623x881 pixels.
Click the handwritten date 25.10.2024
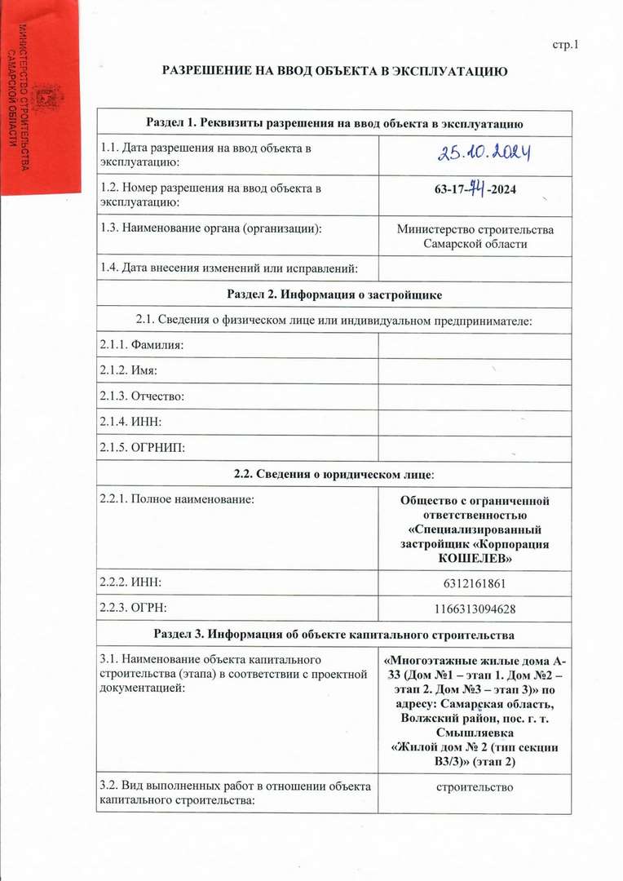(x=475, y=152)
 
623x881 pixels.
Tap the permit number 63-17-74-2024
(x=475, y=193)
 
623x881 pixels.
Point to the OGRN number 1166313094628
(x=475, y=608)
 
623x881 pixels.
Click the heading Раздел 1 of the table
(x=334, y=122)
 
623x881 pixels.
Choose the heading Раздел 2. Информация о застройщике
(x=334, y=293)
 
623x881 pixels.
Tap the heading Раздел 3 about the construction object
(x=334, y=634)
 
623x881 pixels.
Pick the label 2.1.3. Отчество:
(x=140, y=396)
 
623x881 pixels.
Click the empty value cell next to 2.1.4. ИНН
(x=475, y=422)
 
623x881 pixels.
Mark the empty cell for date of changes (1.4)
(x=475, y=266)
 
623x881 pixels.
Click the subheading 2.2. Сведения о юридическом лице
(x=334, y=474)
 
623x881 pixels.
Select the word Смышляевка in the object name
(x=475, y=733)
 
